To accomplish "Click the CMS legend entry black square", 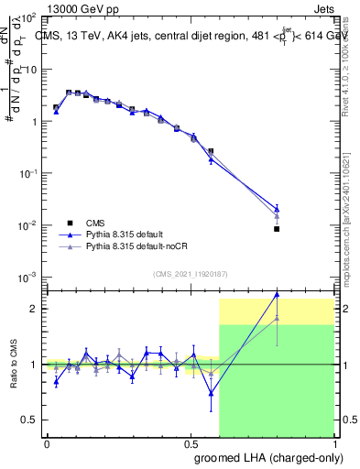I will tap(70, 223).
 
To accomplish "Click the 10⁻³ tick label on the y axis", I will tap(28, 277).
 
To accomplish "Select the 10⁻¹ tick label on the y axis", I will tap(28, 173).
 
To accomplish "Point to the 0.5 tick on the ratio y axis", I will tap(31, 420).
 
